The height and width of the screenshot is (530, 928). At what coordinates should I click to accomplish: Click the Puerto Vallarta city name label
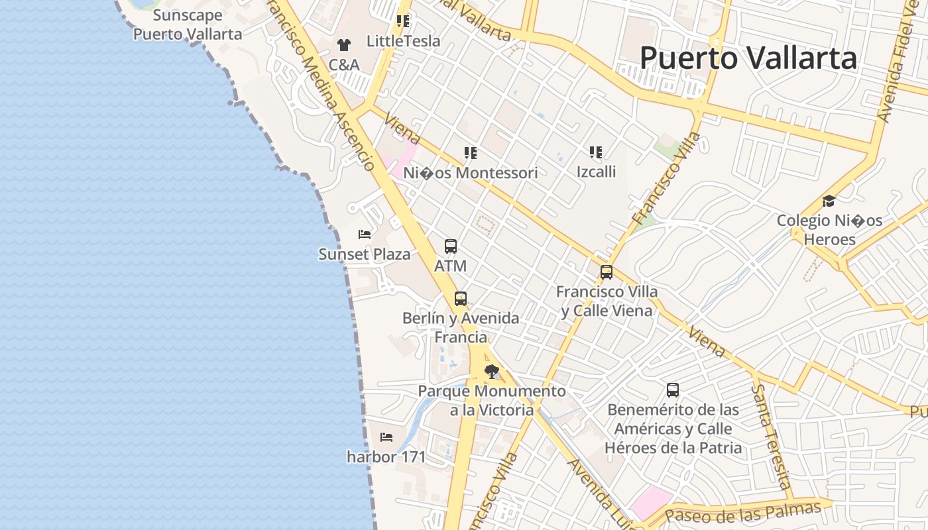pyautogui.click(x=748, y=58)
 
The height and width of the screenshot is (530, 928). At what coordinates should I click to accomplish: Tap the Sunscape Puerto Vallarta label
pyautogui.click(x=188, y=25)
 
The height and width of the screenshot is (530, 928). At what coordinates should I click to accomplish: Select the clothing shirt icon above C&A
pyautogui.click(x=343, y=45)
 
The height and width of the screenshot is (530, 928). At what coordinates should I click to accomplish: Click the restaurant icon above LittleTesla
pyautogui.click(x=403, y=21)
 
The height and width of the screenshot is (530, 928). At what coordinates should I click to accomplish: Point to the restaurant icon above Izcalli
pyautogui.click(x=596, y=152)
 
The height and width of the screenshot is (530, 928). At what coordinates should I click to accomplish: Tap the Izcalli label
pyautogui.click(x=596, y=172)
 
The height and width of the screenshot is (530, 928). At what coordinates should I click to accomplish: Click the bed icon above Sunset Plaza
pyautogui.click(x=365, y=234)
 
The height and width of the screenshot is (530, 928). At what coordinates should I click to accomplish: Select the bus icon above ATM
pyautogui.click(x=451, y=246)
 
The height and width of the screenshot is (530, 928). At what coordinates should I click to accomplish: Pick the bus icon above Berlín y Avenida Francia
pyautogui.click(x=461, y=299)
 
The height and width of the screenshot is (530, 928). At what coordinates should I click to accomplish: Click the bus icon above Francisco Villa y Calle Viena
pyautogui.click(x=607, y=272)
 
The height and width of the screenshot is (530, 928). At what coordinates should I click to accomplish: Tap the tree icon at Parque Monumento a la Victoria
pyautogui.click(x=492, y=372)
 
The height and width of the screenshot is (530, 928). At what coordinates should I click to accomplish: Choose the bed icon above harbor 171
pyautogui.click(x=386, y=437)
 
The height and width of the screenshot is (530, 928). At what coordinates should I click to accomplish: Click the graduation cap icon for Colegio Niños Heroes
pyautogui.click(x=829, y=201)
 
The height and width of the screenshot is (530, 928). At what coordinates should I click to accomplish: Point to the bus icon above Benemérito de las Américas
pyautogui.click(x=673, y=390)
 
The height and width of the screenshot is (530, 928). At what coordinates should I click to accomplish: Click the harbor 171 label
pyautogui.click(x=386, y=456)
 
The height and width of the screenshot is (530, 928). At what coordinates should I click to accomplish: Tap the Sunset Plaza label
pyautogui.click(x=365, y=254)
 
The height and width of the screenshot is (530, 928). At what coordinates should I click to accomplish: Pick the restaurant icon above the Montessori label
pyautogui.click(x=471, y=154)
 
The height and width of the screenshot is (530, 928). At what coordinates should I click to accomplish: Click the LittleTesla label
pyautogui.click(x=403, y=41)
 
